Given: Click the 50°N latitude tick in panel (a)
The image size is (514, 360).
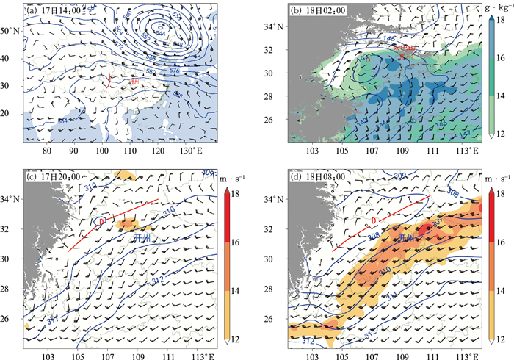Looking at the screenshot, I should [x=12, y=31].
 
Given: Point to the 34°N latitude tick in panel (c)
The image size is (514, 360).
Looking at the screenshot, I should [x=12, y=199].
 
